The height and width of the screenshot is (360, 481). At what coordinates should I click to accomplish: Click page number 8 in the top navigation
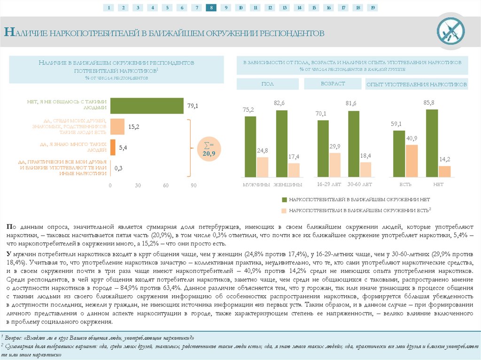point(211,8)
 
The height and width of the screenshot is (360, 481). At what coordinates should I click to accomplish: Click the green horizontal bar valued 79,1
point(147,106)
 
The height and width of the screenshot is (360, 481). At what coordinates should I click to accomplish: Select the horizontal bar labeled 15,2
point(117,127)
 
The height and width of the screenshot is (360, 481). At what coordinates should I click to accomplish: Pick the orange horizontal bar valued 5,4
point(113,147)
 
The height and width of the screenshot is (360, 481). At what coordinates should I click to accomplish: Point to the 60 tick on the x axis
point(166,185)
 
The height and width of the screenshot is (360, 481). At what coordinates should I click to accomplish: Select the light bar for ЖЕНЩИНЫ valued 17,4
point(294,170)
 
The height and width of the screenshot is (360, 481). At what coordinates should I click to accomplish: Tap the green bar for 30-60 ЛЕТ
point(354,144)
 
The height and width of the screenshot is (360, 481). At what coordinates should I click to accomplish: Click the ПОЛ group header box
point(268,84)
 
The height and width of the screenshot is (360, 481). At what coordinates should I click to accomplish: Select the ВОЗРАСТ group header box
point(333,84)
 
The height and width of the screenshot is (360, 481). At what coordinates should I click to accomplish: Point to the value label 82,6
point(279,102)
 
